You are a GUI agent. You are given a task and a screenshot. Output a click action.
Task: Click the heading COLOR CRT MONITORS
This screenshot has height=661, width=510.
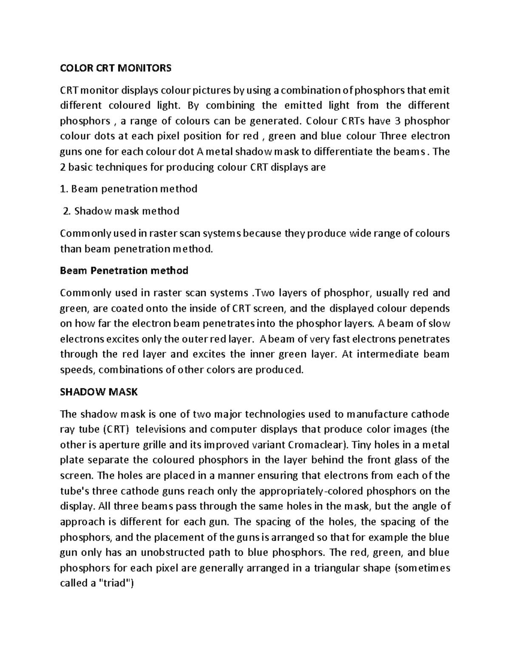coord(116,68)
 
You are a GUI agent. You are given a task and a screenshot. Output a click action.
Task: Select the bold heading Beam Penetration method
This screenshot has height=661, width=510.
coord(124,271)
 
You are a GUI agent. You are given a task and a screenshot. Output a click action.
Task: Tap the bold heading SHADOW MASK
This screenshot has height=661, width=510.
coord(99,392)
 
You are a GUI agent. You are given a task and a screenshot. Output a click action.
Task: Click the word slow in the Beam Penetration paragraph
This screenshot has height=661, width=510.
coord(439,323)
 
